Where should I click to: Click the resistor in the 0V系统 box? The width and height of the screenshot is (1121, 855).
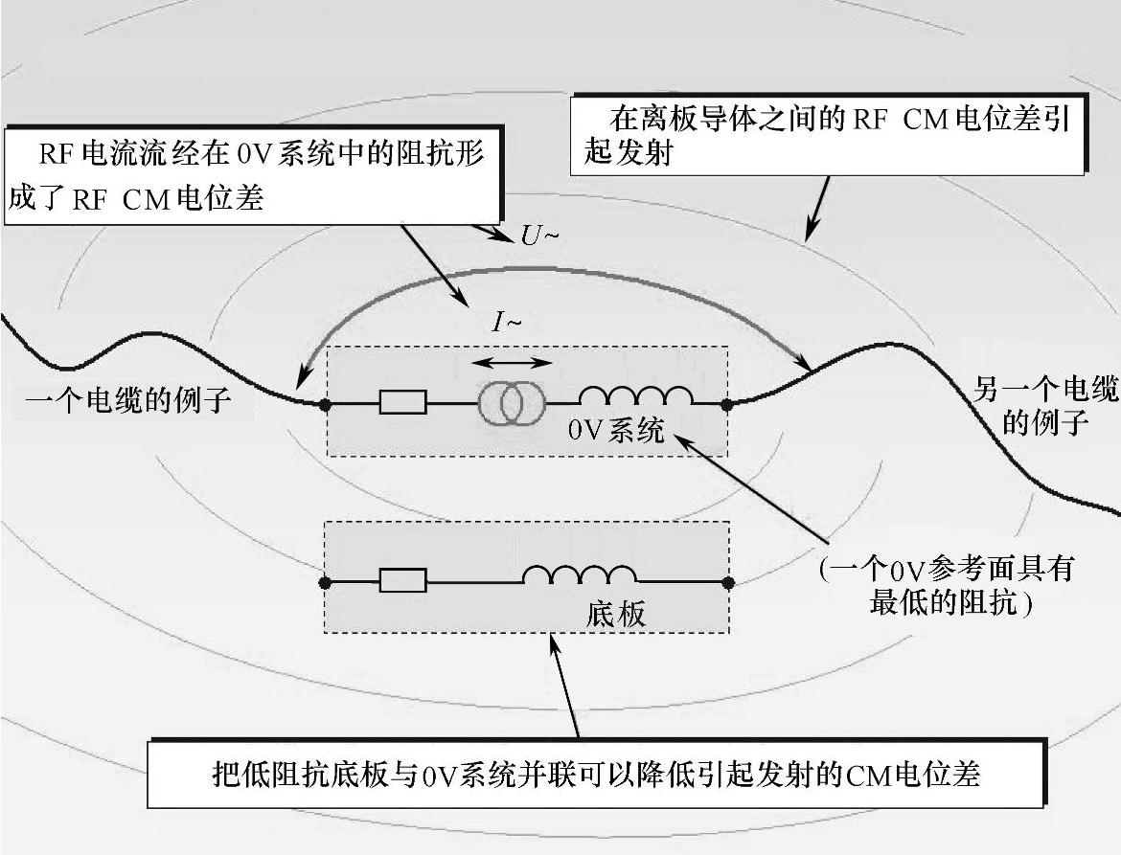pyautogui.click(x=402, y=403)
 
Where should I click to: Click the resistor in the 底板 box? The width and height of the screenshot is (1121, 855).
pyautogui.click(x=402, y=580)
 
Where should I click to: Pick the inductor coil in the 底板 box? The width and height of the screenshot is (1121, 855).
pyautogui.click(x=580, y=574)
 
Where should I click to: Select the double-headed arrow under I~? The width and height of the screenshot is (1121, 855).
pyautogui.click(x=515, y=363)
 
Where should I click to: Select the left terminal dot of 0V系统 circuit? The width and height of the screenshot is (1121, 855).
pyautogui.click(x=326, y=404)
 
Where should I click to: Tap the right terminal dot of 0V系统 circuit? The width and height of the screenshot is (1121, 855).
pyautogui.click(x=727, y=404)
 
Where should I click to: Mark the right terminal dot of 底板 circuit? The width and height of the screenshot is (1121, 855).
pyautogui.click(x=727, y=581)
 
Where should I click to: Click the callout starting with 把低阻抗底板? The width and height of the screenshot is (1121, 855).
pyautogui.click(x=595, y=774)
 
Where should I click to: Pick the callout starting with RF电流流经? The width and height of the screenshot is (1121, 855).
pyautogui.click(x=253, y=175)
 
